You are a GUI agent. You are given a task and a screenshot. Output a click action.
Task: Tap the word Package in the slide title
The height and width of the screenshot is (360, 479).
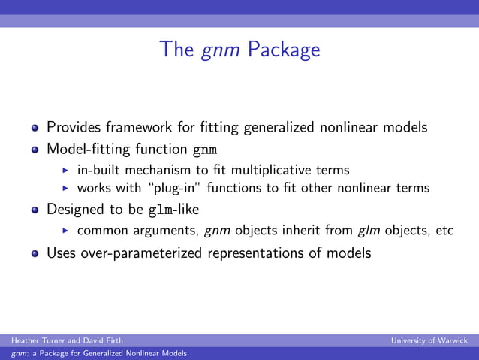[x=284, y=51]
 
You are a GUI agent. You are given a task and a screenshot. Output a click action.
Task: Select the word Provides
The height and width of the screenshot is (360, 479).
[x=75, y=127]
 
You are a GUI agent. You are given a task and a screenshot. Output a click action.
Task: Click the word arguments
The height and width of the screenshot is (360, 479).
[x=162, y=230]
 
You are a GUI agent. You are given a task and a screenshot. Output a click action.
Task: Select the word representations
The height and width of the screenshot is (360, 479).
[x=275, y=253]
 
